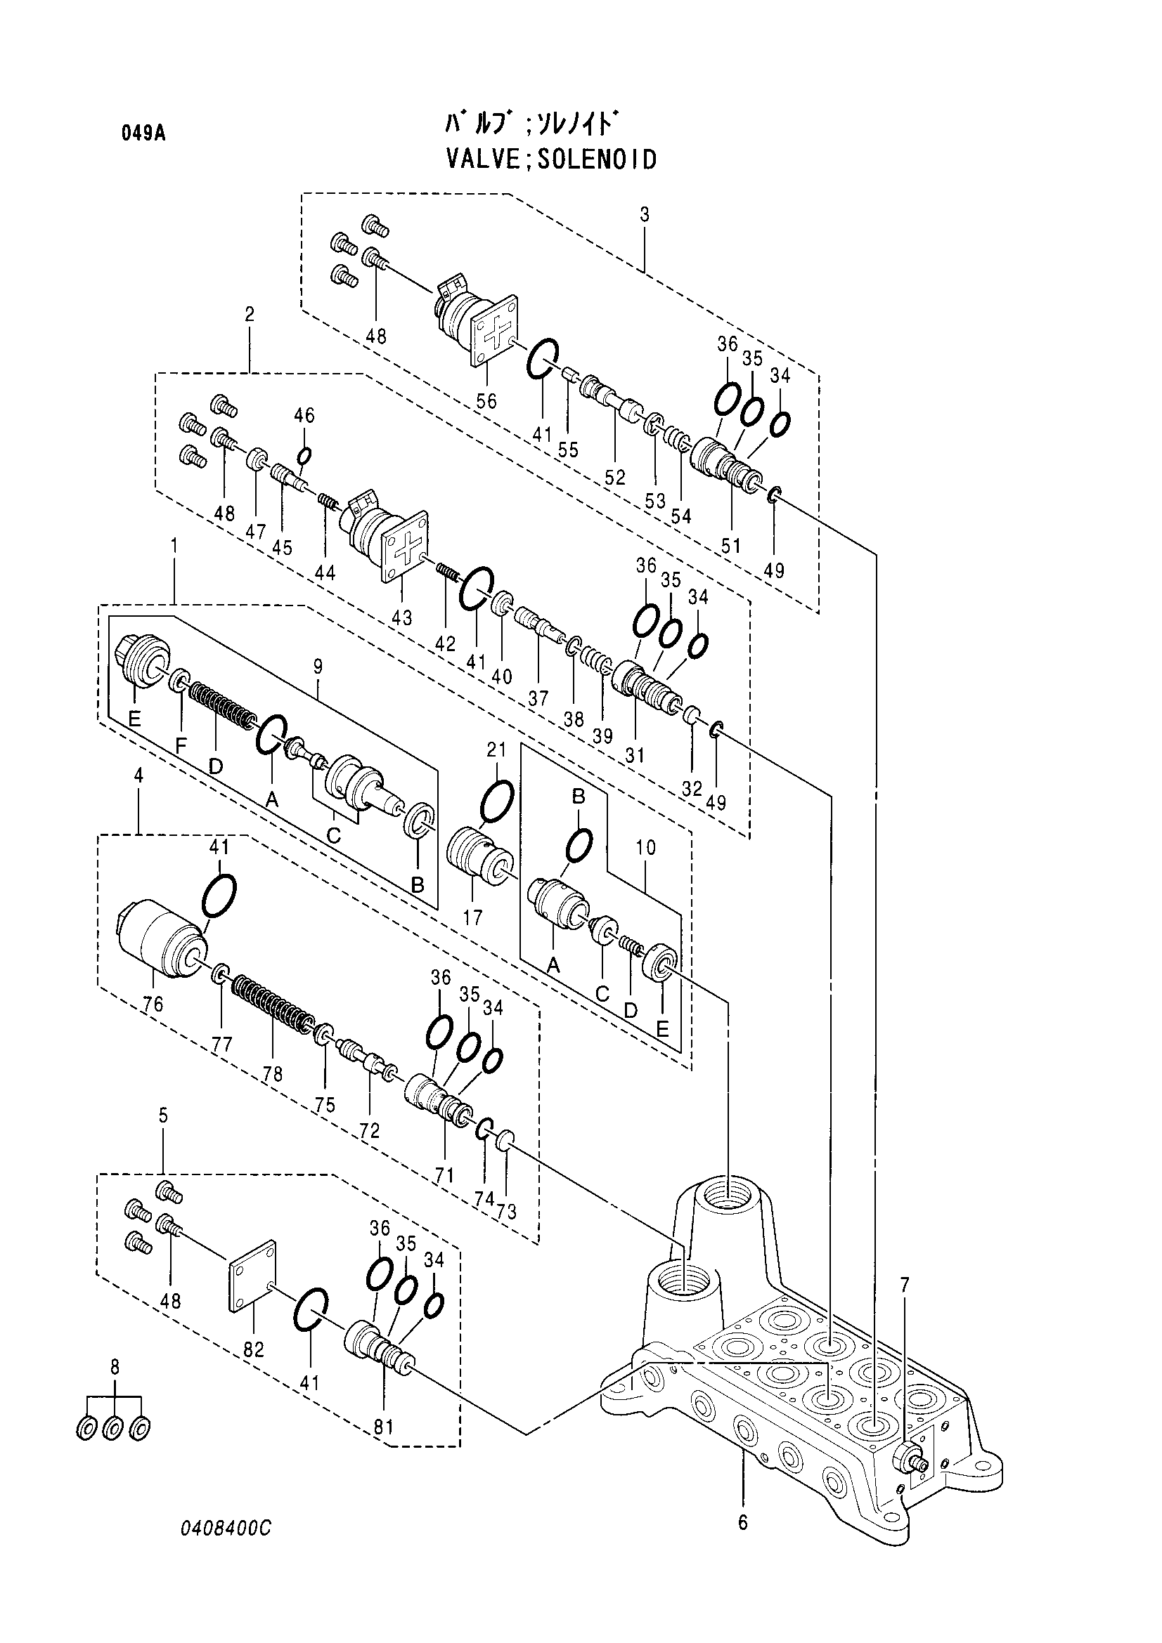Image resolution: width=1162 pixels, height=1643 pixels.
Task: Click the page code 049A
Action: tap(143, 134)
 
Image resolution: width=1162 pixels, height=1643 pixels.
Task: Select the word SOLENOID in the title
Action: tap(596, 159)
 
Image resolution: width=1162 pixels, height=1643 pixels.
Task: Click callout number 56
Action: tap(486, 400)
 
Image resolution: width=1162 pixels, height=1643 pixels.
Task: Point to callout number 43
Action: tap(401, 617)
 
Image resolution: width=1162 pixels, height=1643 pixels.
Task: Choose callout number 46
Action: tap(304, 416)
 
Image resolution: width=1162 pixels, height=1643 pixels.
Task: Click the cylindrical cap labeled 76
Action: tap(162, 941)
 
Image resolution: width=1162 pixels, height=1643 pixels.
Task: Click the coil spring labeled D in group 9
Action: tap(222, 703)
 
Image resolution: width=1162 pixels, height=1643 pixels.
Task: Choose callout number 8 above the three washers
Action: tap(115, 1368)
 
